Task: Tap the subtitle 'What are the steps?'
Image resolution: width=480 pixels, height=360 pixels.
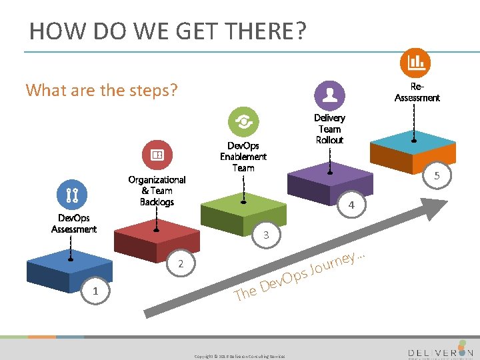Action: coord(101,89)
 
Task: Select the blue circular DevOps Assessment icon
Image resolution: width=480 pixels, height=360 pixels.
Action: coord(73,195)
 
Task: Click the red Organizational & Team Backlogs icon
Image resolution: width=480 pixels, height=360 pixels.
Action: coord(157,155)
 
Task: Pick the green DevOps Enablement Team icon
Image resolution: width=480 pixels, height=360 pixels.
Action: coord(243,122)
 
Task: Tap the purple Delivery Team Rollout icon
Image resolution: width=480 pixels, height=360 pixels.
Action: coord(329,95)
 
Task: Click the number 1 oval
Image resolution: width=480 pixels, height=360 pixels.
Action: coord(95,291)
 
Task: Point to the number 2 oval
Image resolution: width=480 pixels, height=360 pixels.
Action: coord(180,263)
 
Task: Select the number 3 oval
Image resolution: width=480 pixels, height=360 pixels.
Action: coord(266,235)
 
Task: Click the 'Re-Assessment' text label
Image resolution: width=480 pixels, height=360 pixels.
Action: coord(417,93)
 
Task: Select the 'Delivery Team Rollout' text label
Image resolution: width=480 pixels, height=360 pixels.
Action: coord(329,129)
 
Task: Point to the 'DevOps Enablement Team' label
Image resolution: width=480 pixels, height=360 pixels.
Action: coord(243,157)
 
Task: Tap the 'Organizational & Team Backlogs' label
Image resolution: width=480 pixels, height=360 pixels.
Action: coord(157,191)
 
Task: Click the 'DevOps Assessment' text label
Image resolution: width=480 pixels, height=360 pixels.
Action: coord(73,223)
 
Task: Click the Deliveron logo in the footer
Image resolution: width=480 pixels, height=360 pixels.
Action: coord(440,351)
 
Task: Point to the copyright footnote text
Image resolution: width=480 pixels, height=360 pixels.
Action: coord(239,356)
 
